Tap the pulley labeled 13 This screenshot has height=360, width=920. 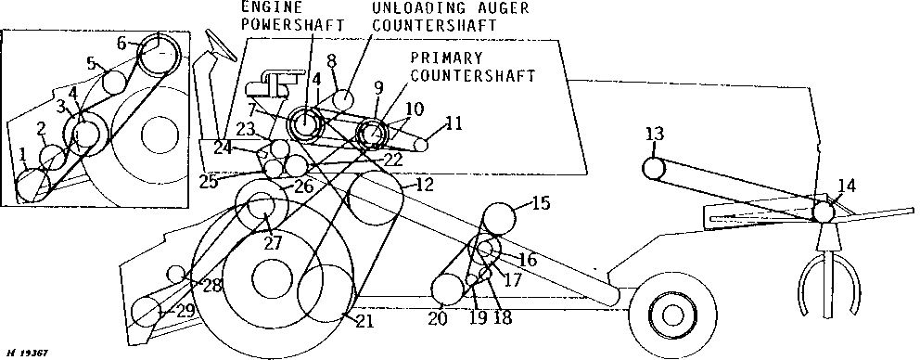[655, 169]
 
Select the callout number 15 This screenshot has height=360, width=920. [541, 204]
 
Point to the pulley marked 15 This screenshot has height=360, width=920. [499, 218]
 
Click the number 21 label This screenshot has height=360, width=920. [364, 321]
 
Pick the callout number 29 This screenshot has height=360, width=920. [185, 312]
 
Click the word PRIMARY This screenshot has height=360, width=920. [446, 58]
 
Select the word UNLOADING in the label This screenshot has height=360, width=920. [420, 8]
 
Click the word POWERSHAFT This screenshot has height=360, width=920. [292, 25]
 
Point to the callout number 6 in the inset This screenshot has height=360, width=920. [122, 44]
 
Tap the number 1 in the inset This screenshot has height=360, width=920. [22, 155]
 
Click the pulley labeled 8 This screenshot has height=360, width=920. [343, 99]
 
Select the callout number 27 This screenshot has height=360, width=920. [273, 243]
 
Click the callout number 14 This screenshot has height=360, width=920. [847, 186]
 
